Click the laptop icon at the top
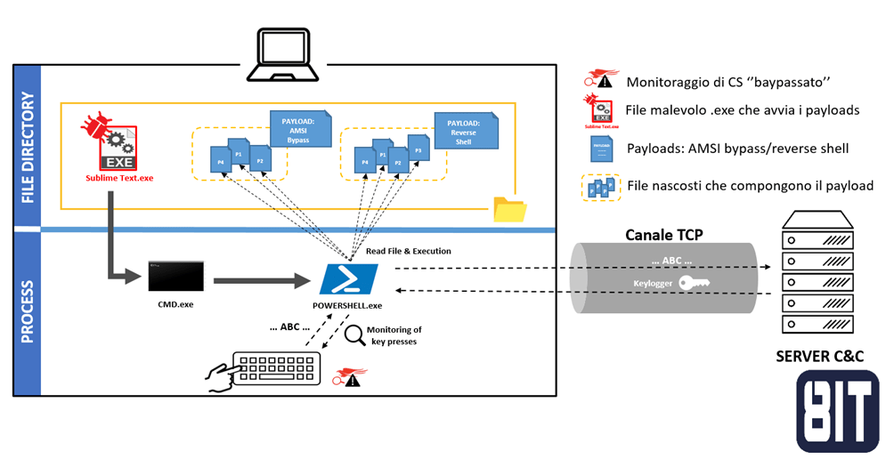pyautogui.click(x=282, y=51)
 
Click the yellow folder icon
pyautogui.click(x=509, y=209)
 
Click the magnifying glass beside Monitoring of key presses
pyautogui.click(x=354, y=335)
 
